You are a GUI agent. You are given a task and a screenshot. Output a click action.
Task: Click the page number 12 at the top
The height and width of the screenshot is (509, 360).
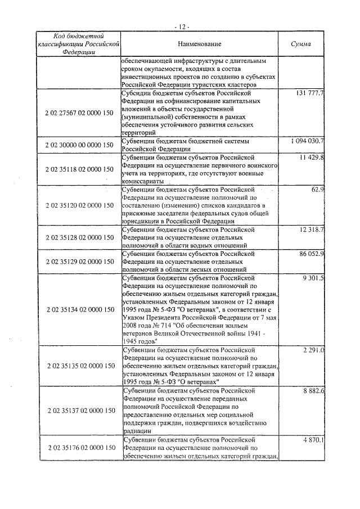(181, 26)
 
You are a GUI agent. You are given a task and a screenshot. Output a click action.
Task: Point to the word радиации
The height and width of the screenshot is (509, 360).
(137, 431)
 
